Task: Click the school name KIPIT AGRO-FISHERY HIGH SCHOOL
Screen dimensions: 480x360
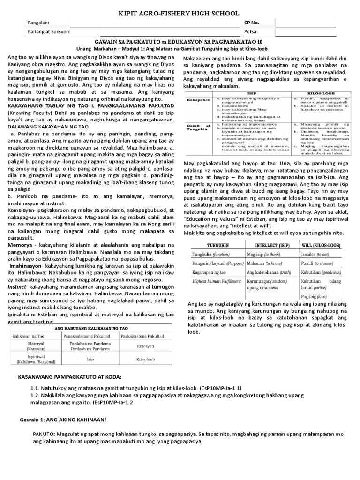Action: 180,13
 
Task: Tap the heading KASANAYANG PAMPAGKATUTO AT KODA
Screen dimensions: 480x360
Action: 69,377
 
